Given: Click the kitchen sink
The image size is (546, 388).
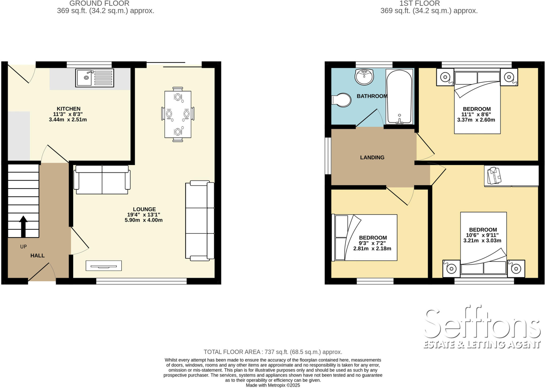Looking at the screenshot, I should (x=95, y=78).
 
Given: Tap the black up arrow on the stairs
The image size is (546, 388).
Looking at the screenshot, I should (x=23, y=226).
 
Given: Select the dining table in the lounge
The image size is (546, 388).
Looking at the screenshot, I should (x=178, y=114).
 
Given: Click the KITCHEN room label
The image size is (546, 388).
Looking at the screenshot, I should (x=69, y=109).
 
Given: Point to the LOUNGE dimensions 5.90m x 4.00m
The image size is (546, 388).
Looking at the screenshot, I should (x=143, y=220).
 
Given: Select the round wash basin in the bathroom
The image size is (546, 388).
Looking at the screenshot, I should (x=364, y=77).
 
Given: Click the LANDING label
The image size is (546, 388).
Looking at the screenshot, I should (x=372, y=158).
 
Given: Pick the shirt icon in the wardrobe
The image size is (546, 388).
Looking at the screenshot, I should (x=494, y=175).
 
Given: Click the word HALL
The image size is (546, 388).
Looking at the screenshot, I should (x=37, y=256).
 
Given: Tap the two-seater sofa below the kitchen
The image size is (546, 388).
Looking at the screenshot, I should (x=102, y=179).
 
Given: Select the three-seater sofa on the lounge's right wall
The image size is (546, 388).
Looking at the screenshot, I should (x=200, y=221).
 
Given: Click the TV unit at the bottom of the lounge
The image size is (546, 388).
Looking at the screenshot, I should (x=104, y=266).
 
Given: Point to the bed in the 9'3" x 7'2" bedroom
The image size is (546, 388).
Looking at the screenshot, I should (x=364, y=237).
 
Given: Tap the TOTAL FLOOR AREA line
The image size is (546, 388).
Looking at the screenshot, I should (x=273, y=352).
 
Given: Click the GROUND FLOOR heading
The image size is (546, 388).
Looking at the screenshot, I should (x=99, y=3).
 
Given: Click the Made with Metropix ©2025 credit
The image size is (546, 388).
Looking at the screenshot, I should (x=273, y=385).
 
